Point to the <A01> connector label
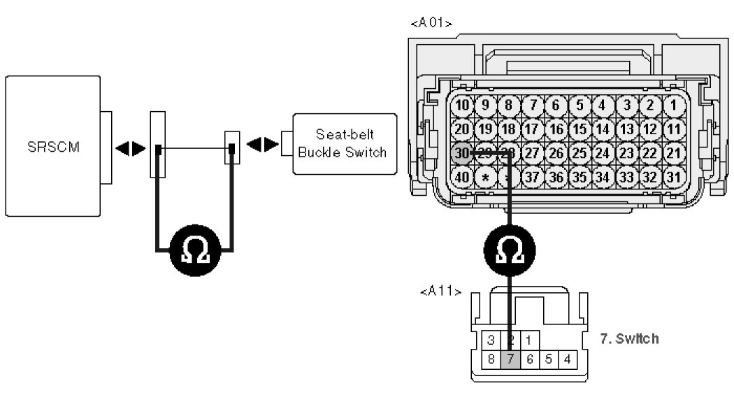tap(431, 23)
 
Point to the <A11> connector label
tap(440, 291)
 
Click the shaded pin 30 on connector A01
tap(461, 153)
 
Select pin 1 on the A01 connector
tap(672, 106)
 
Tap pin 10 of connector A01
tap(461, 106)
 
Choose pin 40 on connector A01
tap(461, 177)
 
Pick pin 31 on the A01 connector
tap(672, 177)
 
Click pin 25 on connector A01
tap(578, 153)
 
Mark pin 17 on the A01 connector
tap(531, 129)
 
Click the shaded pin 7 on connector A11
tap(511, 359)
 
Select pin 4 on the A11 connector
tap(568, 359)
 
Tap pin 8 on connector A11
tap(492, 359)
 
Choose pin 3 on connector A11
tap(492, 340)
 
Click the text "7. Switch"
tap(629, 338)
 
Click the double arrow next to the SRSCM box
tap(131, 148)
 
